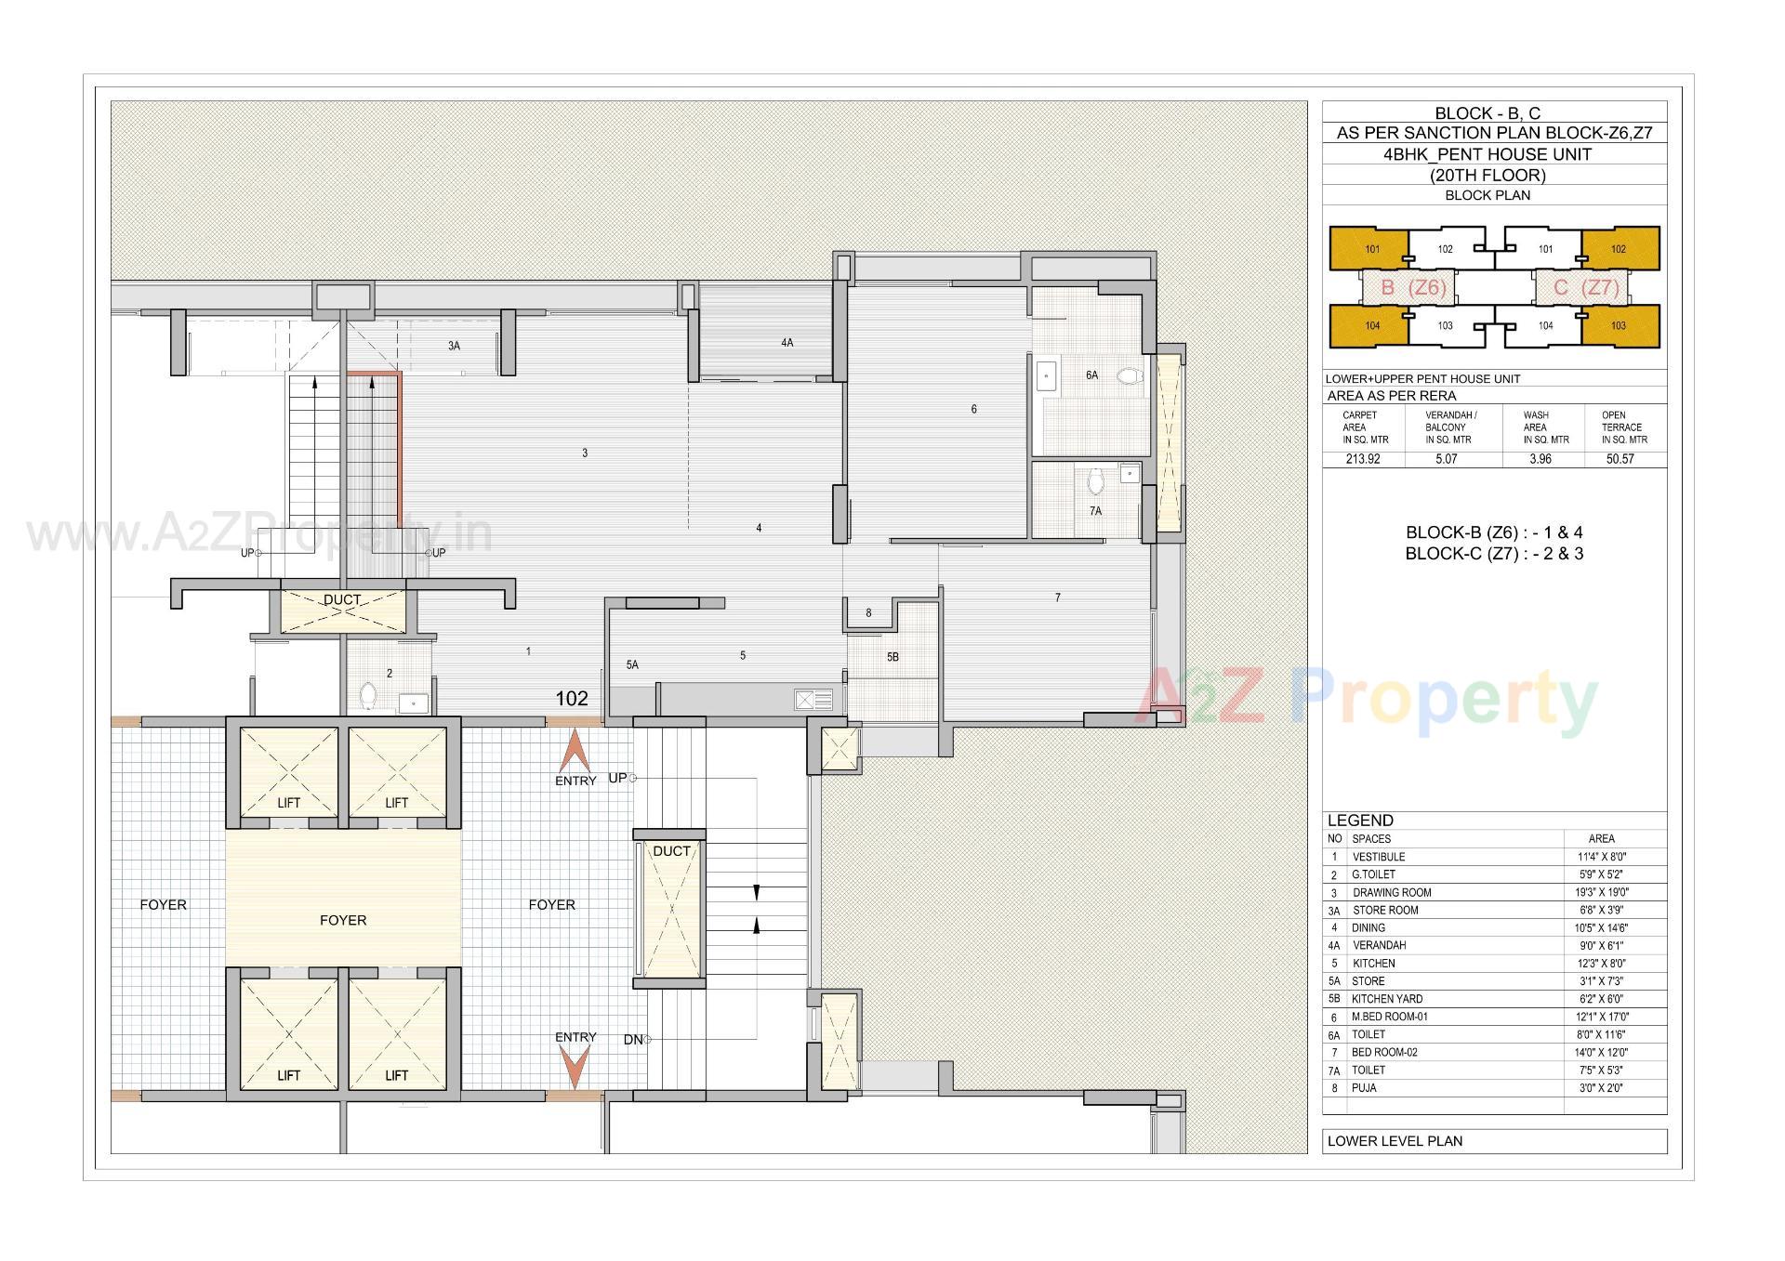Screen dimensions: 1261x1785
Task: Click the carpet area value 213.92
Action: pos(1362,459)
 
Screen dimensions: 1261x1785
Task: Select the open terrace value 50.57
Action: pos(1620,459)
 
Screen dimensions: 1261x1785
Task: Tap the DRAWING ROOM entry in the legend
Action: pos(1391,892)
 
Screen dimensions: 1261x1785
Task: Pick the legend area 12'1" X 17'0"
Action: pos(1602,1017)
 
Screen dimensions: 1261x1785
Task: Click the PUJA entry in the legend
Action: pos(1364,1088)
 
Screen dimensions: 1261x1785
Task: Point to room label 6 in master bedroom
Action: pos(973,409)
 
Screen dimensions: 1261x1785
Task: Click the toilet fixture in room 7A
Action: pos(1095,481)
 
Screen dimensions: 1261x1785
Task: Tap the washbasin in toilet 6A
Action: pos(1048,376)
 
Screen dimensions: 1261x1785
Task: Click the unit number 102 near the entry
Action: pos(572,699)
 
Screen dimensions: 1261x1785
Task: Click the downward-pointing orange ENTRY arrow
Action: pos(575,1067)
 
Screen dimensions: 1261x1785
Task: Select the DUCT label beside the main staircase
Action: pos(671,851)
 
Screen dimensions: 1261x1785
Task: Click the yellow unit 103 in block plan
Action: pos(1619,326)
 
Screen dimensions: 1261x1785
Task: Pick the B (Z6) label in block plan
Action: pos(1412,288)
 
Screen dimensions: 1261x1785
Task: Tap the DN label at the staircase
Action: pos(632,1040)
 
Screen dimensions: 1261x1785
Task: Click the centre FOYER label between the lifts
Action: pos(343,920)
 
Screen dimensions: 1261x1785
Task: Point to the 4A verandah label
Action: pos(787,343)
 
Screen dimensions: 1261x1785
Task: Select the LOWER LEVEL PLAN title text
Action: pos(1395,1141)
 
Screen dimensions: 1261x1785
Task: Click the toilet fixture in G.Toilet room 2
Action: pos(367,695)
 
